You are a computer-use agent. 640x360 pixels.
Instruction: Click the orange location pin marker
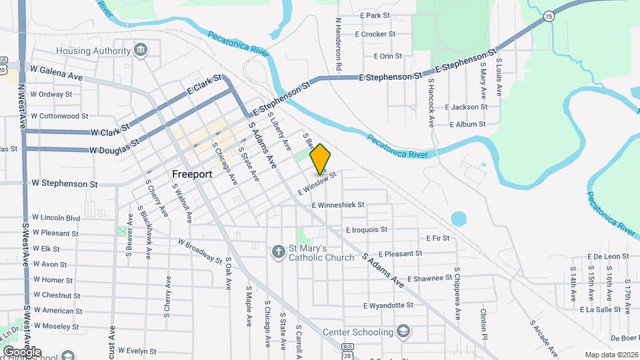321,158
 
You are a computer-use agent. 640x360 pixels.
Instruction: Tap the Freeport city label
192,174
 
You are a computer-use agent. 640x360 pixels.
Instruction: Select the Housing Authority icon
141,51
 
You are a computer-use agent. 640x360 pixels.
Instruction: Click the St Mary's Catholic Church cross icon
279,252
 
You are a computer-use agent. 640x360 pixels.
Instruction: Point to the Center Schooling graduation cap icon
403,331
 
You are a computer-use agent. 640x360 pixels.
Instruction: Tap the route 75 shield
549,17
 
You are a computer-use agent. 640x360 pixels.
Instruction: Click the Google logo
22,351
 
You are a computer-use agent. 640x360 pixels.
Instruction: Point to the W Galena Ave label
57,73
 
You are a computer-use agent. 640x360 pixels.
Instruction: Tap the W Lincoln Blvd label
55,218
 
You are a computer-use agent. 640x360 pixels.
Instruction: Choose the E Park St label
374,15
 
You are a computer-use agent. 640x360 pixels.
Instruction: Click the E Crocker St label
375,34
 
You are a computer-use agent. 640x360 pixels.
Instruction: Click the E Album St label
467,125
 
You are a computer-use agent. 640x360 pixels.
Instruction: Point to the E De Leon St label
609,257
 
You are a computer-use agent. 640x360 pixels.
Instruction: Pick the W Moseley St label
56,327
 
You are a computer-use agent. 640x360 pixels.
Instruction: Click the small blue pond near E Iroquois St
458,219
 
